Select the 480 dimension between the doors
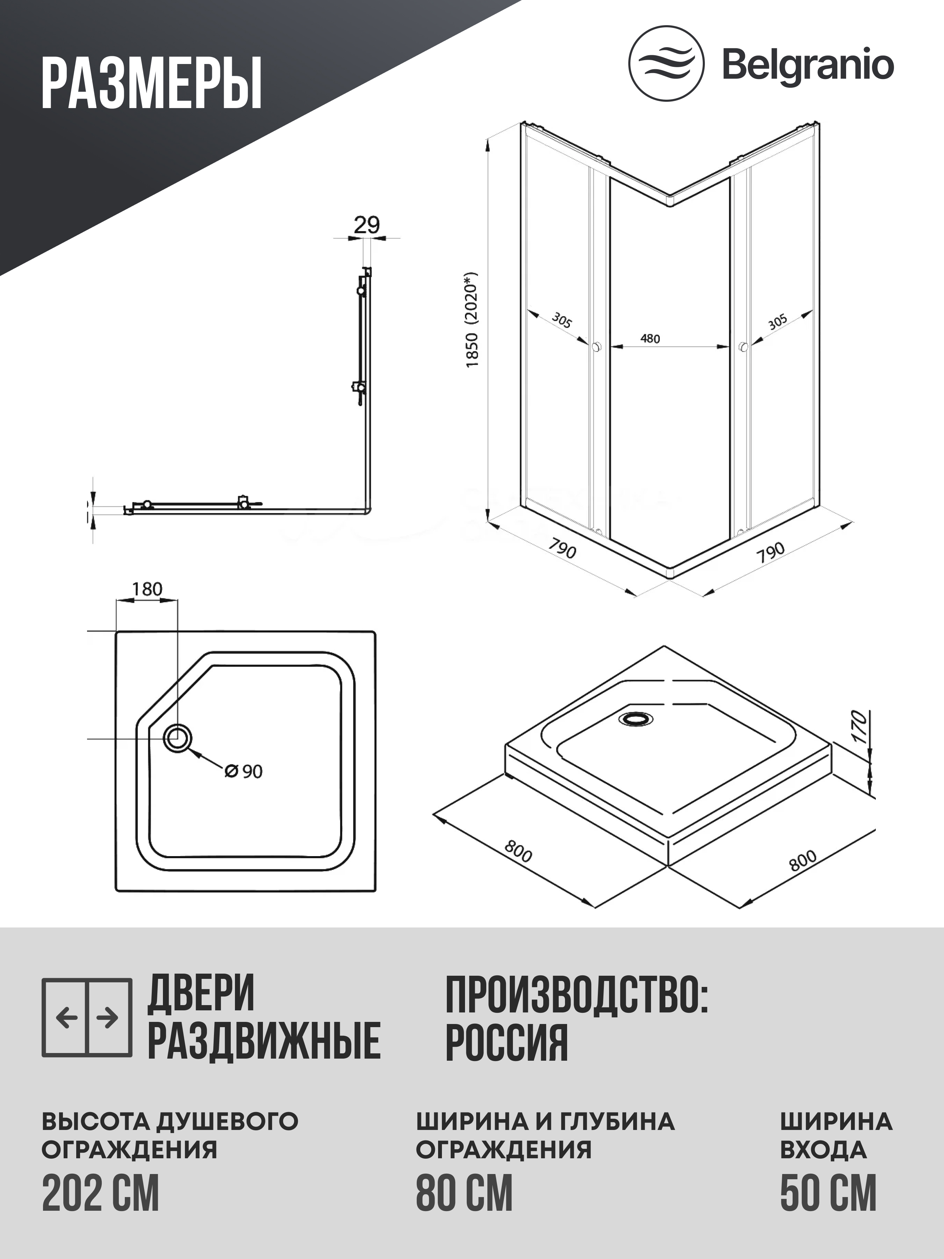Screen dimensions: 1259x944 [650, 339]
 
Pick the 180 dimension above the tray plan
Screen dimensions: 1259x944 [148, 589]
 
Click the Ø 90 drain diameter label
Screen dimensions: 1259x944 [244, 771]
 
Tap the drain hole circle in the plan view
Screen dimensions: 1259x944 [178, 738]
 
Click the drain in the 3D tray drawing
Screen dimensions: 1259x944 [636, 719]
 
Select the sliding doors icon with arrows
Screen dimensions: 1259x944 [87, 1017]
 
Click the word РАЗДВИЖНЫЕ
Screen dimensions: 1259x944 [264, 1041]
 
